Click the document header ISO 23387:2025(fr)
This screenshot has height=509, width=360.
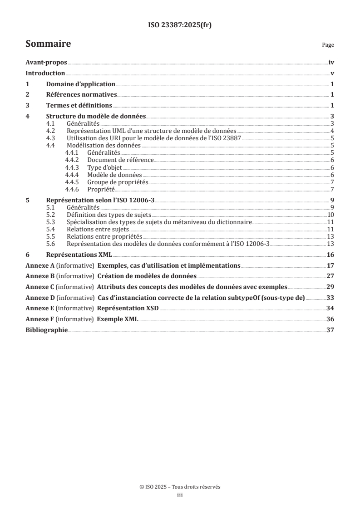tap(180, 25)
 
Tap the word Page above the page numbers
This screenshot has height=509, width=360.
tap(328, 45)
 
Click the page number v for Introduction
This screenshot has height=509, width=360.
tap(333, 73)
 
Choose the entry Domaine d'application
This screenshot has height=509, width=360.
tap(81, 84)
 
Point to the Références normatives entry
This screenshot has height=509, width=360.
tap(82, 94)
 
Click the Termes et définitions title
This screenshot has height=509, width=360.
tap(79, 105)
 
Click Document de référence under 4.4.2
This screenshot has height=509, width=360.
tap(121, 160)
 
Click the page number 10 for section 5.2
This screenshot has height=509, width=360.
tap(331, 214)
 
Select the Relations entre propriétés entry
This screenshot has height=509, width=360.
tap(104, 236)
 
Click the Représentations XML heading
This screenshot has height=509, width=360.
tap(79, 254)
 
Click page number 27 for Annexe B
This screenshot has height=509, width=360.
tap(330, 275)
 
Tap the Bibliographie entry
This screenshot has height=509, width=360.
tap(46, 330)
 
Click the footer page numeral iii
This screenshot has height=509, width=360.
tap(180, 496)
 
